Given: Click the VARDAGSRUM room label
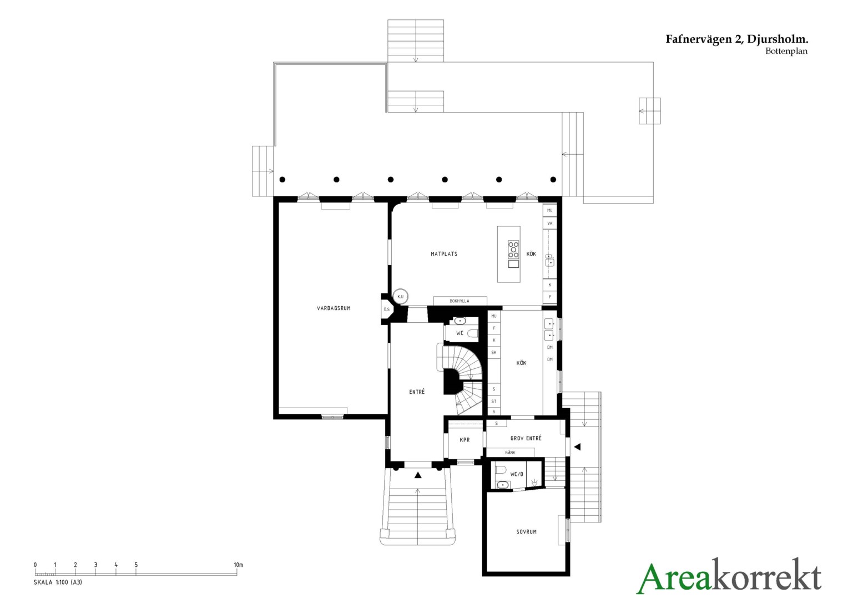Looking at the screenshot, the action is (x=334, y=308).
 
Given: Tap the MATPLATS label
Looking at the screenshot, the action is (x=443, y=254).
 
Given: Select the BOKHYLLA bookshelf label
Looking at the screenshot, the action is (x=460, y=301).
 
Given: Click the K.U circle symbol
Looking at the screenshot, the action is (x=401, y=297).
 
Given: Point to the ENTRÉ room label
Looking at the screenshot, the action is (x=417, y=392).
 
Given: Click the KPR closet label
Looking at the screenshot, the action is (x=465, y=440).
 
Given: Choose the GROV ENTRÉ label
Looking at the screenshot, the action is (x=526, y=438).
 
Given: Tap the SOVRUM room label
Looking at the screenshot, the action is (x=526, y=532).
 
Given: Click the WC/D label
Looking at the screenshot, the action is (x=517, y=474).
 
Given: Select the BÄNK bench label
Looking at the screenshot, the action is (x=510, y=453).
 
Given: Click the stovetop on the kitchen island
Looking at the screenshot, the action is (x=513, y=250).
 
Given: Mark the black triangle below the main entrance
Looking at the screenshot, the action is (x=418, y=475).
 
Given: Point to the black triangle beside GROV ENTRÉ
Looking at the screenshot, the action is (x=577, y=447).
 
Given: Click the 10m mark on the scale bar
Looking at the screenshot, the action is (x=238, y=565).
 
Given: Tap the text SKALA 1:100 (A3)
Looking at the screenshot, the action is (x=58, y=582).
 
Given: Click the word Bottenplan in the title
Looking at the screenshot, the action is (x=786, y=51).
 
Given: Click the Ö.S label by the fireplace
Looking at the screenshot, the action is (x=386, y=309).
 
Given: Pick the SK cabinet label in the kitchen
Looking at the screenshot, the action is (x=494, y=353).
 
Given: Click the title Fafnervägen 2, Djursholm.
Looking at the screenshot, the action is (x=736, y=39).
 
